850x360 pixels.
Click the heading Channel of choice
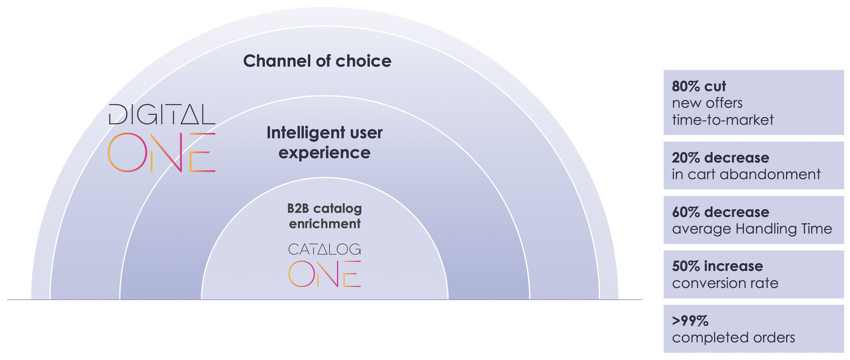[x=317, y=61]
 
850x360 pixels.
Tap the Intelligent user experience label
[x=324, y=143]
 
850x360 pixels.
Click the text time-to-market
[x=723, y=120]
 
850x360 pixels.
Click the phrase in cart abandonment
[x=746, y=174]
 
